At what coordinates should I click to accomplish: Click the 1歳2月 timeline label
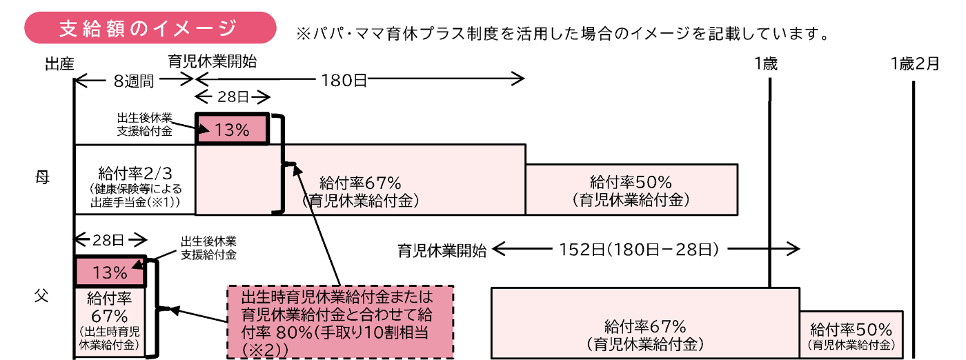(914, 64)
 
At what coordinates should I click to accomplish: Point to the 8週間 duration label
(135, 81)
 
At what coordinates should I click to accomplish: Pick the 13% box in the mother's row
(232, 129)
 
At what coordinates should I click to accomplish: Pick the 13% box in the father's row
(110, 272)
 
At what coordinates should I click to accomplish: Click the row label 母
(42, 177)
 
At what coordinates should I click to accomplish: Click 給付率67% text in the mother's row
(360, 183)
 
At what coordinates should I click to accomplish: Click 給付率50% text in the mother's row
(631, 182)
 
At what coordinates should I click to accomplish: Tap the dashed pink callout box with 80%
(339, 321)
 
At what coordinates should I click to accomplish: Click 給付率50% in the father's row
(851, 329)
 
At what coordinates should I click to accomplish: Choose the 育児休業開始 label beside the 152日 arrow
(442, 250)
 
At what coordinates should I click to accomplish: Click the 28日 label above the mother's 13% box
(233, 96)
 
